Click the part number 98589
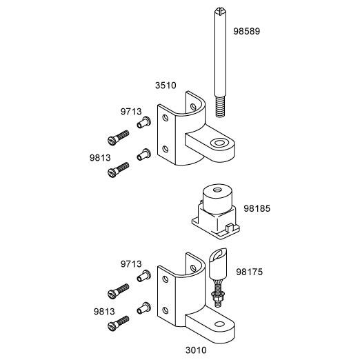coord(246,31)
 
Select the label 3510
coord(166,86)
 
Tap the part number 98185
coord(257,208)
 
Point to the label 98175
coord(249,272)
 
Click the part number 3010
coord(196,350)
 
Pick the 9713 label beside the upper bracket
coord(131,112)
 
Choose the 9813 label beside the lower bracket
coord(104,312)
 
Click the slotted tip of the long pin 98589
coord(221,11)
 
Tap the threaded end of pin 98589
coord(220,106)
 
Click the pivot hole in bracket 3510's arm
coord(219,143)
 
